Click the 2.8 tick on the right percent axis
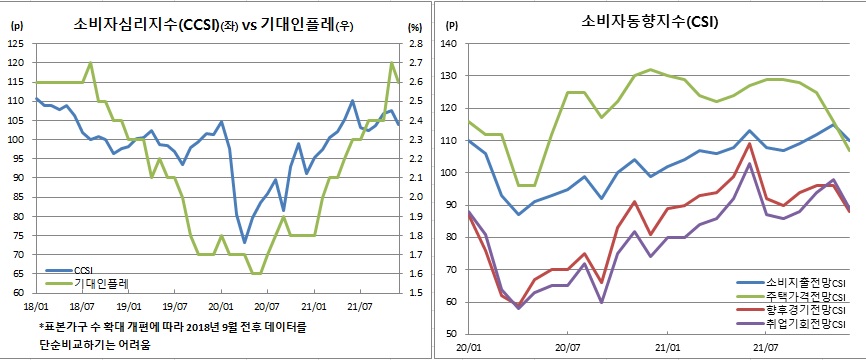[414, 44]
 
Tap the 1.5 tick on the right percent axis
[414, 293]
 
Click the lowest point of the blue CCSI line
[245, 242]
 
